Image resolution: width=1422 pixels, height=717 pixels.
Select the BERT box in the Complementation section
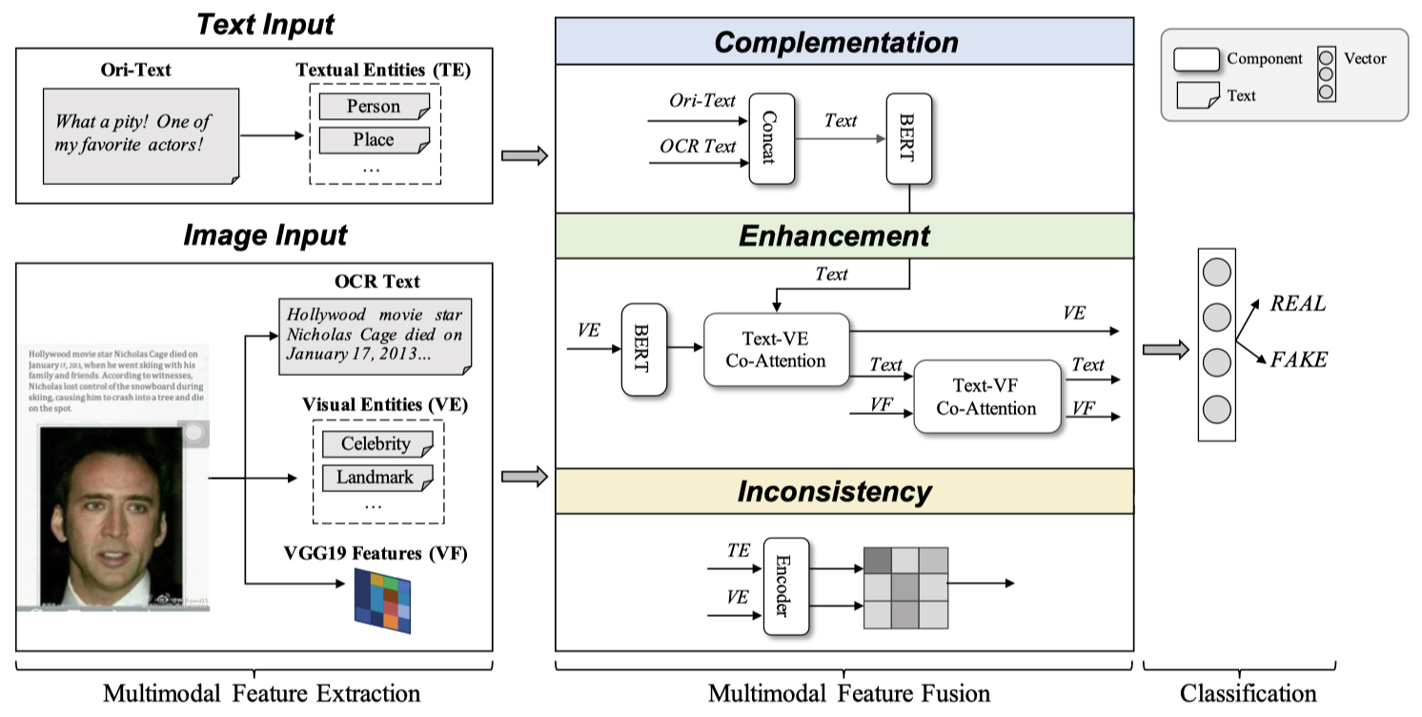[x=909, y=138]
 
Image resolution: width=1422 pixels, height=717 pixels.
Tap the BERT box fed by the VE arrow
[x=643, y=350]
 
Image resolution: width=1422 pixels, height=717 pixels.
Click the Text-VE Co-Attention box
[x=776, y=349]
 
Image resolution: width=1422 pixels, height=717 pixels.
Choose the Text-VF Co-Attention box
[x=986, y=397]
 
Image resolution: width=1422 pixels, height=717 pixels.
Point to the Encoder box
[x=785, y=585]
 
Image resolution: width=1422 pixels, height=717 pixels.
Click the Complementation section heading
[x=836, y=42]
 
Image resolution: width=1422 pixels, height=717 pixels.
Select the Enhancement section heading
[x=835, y=236]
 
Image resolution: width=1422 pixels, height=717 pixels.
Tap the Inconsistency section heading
[x=835, y=491]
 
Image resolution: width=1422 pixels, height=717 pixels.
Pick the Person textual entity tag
[x=374, y=106]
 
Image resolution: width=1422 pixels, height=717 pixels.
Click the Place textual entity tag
[x=374, y=140]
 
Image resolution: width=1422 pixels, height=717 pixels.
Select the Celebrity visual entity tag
[x=376, y=443]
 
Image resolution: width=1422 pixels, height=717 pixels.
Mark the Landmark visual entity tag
[x=376, y=477]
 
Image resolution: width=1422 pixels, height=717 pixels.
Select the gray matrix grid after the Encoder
[x=905, y=587]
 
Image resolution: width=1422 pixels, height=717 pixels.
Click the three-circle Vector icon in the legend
[x=1326, y=73]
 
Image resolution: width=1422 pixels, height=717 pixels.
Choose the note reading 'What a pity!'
[x=139, y=134]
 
